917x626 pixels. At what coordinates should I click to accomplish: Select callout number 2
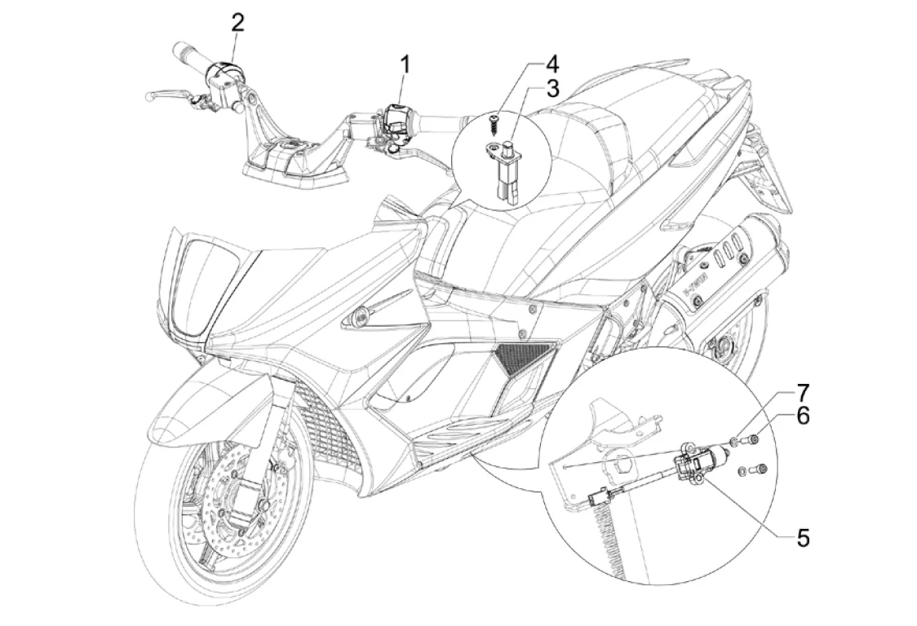[237, 22]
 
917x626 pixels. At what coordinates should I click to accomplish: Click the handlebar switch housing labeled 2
[222, 73]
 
